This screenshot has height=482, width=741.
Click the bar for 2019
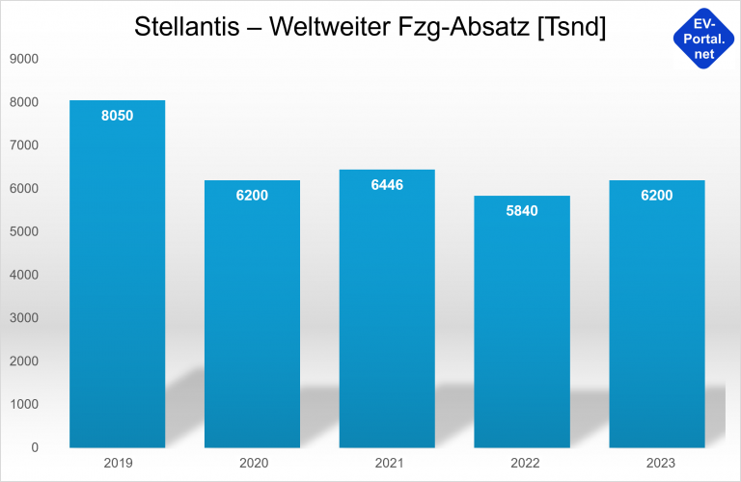click(x=117, y=280)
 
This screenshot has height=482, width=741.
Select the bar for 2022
click(x=522, y=328)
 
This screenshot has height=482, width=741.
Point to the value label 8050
click(x=117, y=116)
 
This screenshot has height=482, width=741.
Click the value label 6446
click(x=387, y=184)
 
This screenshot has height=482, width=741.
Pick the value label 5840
click(x=522, y=210)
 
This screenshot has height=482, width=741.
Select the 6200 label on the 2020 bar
click(x=252, y=196)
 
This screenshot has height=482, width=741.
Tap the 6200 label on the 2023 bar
click(x=657, y=196)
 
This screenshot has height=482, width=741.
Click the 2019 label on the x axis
click(x=117, y=464)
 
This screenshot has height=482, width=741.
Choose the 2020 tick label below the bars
click(x=252, y=464)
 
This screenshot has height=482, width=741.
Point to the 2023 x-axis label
click(x=657, y=464)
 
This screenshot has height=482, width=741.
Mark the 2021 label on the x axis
click(x=387, y=464)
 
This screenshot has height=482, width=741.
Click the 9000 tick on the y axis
click(x=23, y=59)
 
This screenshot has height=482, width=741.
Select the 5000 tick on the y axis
click(x=23, y=231)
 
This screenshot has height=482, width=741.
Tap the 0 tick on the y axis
click(x=35, y=447)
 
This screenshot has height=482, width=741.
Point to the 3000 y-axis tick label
click(x=23, y=318)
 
